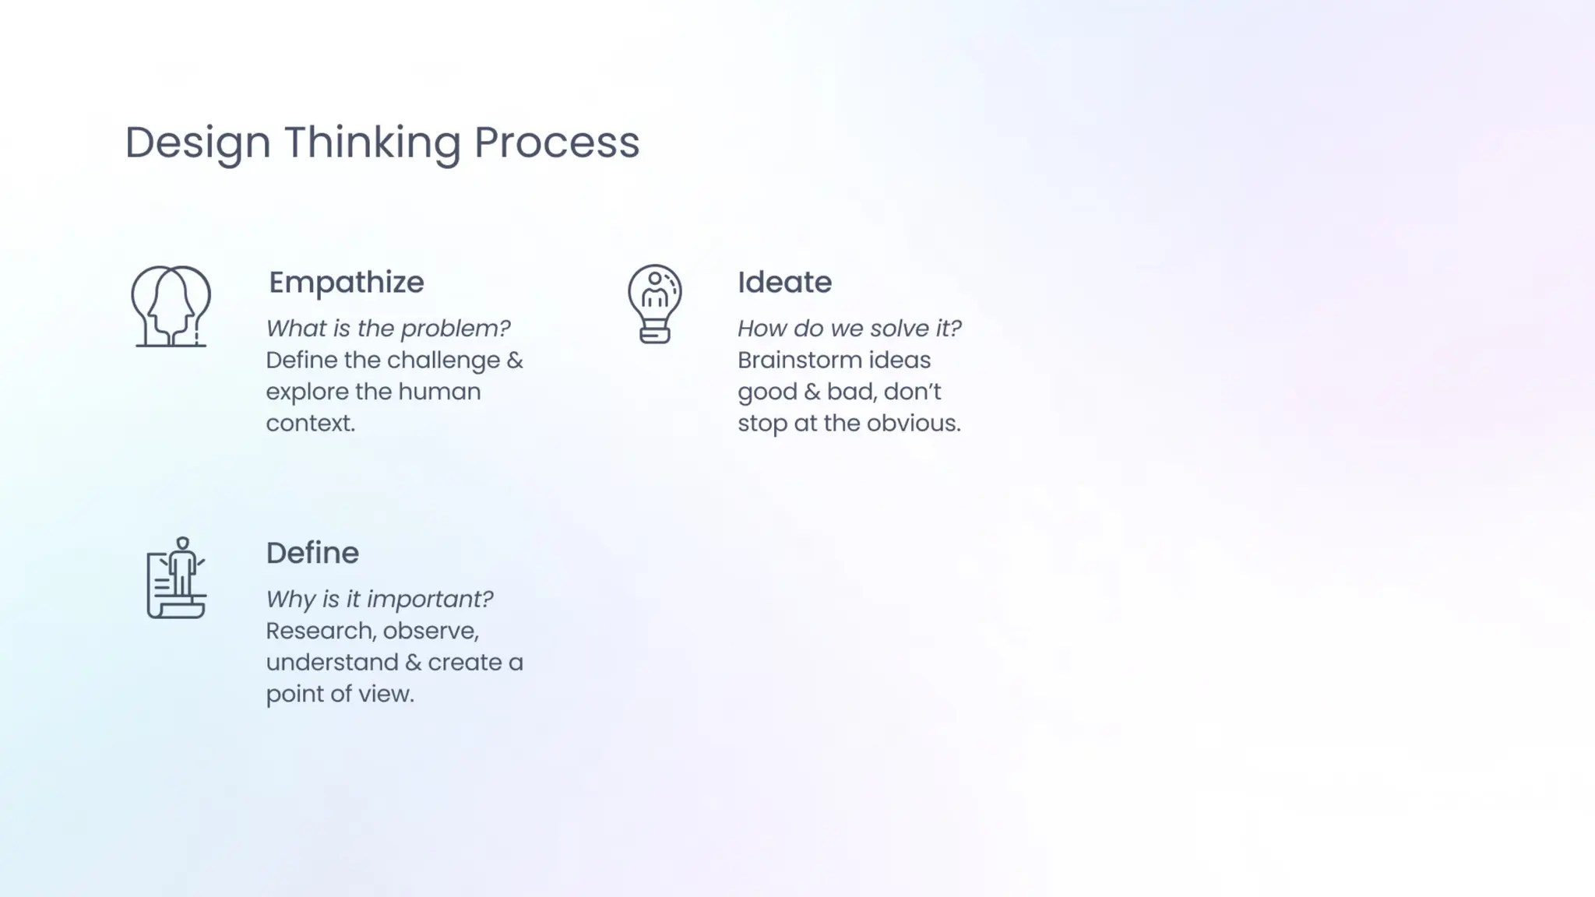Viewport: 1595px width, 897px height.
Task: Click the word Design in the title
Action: (x=198, y=142)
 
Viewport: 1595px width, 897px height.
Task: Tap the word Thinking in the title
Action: (x=372, y=142)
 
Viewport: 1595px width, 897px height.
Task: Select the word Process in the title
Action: (x=556, y=142)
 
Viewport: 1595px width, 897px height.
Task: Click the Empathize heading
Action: (x=347, y=282)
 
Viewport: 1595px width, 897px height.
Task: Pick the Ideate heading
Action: (x=784, y=282)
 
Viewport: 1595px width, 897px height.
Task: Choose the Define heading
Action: (x=312, y=553)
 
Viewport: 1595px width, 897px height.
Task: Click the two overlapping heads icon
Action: (x=171, y=306)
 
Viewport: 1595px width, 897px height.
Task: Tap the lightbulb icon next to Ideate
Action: (x=654, y=304)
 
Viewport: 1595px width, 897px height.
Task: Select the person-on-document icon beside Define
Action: (x=177, y=578)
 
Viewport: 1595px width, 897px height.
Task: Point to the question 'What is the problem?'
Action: (x=388, y=329)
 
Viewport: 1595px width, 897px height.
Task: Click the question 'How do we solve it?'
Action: (x=849, y=329)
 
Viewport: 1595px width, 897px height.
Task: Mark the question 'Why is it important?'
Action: (x=379, y=600)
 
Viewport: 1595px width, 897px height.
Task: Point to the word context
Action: (x=310, y=424)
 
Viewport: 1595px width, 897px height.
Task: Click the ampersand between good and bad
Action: (x=812, y=392)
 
